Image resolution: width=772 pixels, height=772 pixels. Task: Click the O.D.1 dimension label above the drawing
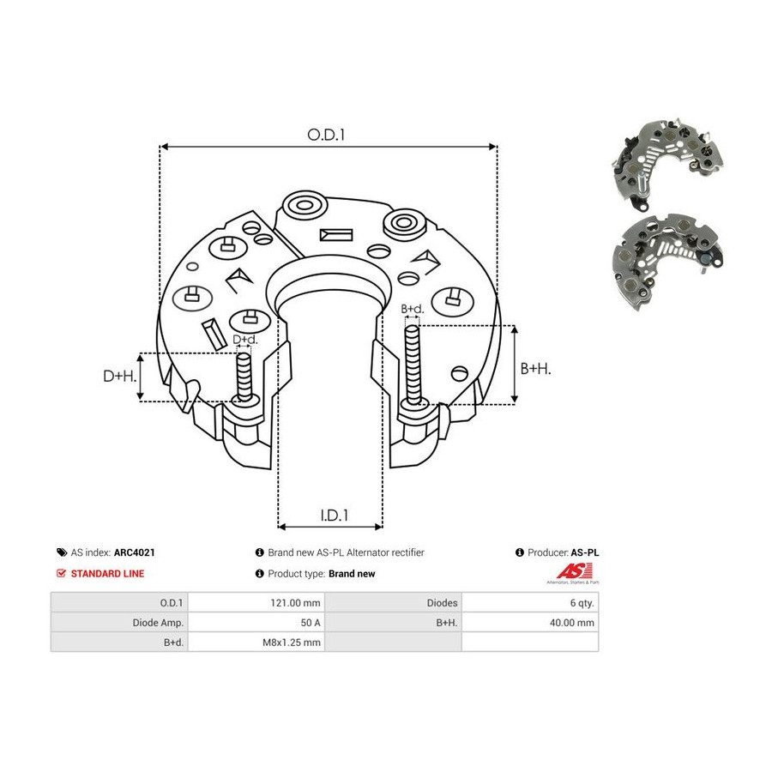coord(326,135)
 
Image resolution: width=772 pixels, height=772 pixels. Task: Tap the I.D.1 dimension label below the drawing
coord(335,515)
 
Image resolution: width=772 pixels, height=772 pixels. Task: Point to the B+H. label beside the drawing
coord(535,368)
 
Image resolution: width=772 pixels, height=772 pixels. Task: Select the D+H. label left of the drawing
coord(119,377)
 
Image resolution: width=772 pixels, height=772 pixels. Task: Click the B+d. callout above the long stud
coord(412,309)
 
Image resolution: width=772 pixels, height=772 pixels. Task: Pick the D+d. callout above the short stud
coord(245,339)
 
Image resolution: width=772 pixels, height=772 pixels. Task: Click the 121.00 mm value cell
coord(295,603)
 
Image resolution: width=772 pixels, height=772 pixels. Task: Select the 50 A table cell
coord(311,623)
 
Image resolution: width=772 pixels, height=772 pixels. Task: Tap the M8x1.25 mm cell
coord(292,642)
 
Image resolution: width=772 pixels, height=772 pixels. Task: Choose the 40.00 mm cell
coord(572,623)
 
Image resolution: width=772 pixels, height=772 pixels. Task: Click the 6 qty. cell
coord(582,603)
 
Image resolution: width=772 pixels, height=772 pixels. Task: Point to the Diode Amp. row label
coord(158,623)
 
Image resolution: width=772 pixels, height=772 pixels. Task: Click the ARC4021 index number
coord(135,552)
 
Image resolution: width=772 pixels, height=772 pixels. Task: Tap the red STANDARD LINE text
coord(108,574)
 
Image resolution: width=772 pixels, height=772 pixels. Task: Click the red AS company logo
coord(574,573)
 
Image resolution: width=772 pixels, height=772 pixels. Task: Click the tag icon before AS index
coord(62,552)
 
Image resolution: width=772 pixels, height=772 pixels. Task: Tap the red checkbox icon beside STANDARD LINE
coord(61,574)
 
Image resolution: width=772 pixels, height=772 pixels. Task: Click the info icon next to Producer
coord(520,552)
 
